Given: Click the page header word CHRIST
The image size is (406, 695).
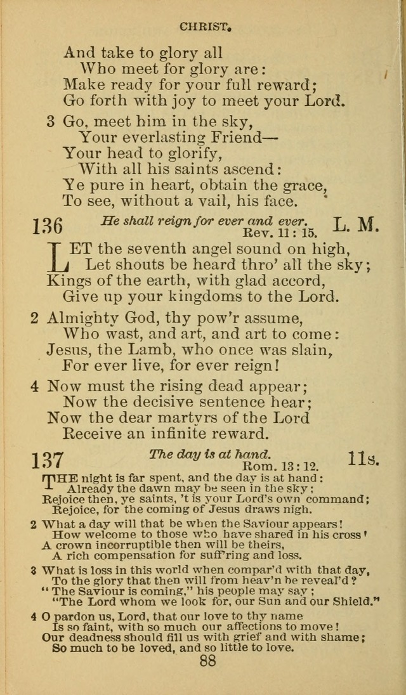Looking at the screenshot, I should [204, 27].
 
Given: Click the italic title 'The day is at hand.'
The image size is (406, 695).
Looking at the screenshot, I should [209, 454].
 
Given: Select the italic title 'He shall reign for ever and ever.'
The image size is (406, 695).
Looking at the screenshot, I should [203, 221].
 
